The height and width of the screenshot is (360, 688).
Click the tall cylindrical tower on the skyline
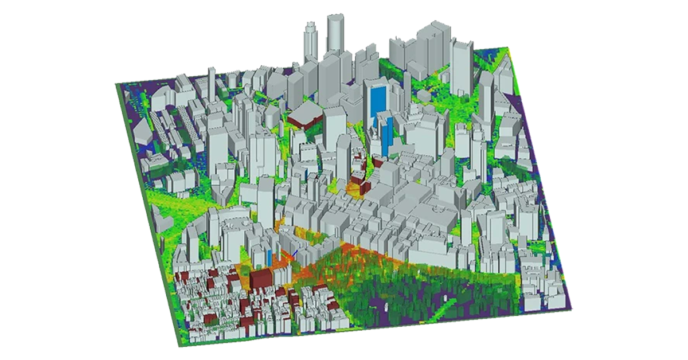pos(334,34)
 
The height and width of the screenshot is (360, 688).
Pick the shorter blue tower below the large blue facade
pos(387,132)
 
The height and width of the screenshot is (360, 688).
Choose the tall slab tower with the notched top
pos(462,66)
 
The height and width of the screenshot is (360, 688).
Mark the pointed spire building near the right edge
pos(507,69)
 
